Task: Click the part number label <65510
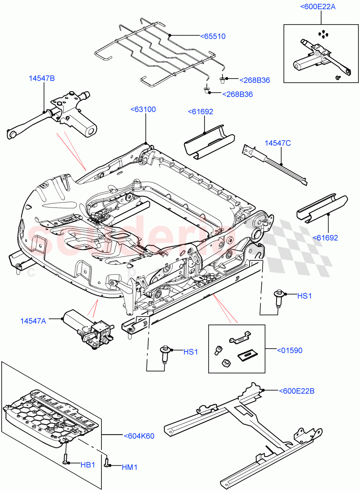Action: (x=212, y=36)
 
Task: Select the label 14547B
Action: (x=41, y=78)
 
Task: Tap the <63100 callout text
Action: (x=143, y=109)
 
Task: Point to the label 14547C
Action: (x=278, y=143)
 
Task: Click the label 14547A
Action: (x=33, y=321)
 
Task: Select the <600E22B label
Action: (x=297, y=391)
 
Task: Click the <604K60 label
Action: (x=139, y=436)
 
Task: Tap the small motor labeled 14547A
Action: (x=88, y=327)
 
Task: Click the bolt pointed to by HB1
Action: (x=65, y=458)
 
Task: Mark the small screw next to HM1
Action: (x=107, y=463)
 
